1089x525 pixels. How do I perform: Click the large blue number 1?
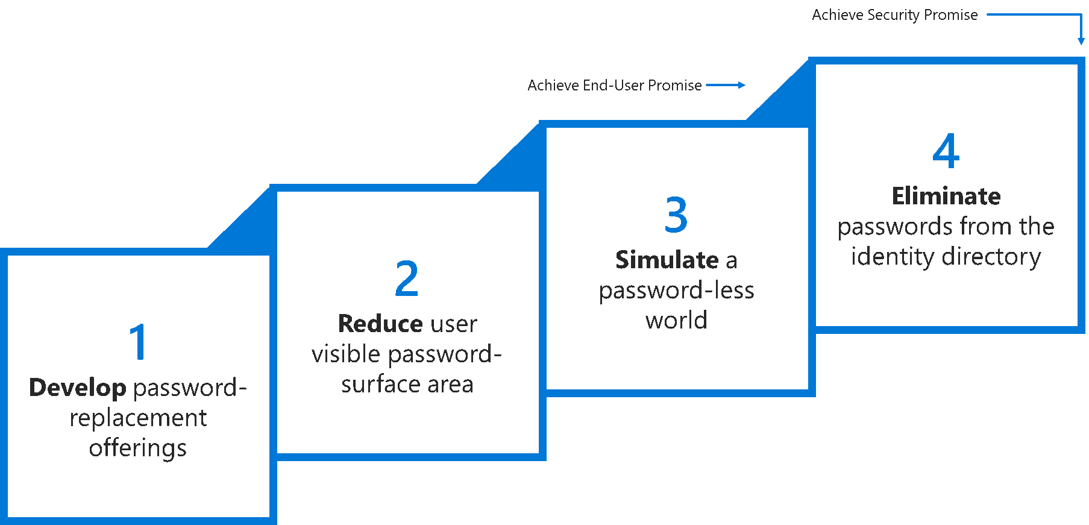(139, 342)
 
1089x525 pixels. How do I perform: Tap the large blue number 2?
(407, 278)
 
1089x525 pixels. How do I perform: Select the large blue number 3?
(676, 215)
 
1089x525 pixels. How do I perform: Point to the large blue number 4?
(946, 151)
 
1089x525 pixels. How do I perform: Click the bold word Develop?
(78, 388)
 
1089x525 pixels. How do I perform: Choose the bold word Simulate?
(667, 260)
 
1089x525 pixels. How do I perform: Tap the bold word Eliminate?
(946, 196)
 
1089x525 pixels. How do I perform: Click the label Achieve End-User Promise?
(614, 86)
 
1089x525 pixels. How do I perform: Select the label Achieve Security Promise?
(894, 15)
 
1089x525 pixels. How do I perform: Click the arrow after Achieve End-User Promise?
(726, 86)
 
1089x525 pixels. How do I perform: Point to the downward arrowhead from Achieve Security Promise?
(1081, 40)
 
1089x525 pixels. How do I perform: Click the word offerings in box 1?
(138, 448)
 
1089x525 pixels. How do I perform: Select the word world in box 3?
(676, 321)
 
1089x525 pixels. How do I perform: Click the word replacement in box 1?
(138, 418)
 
